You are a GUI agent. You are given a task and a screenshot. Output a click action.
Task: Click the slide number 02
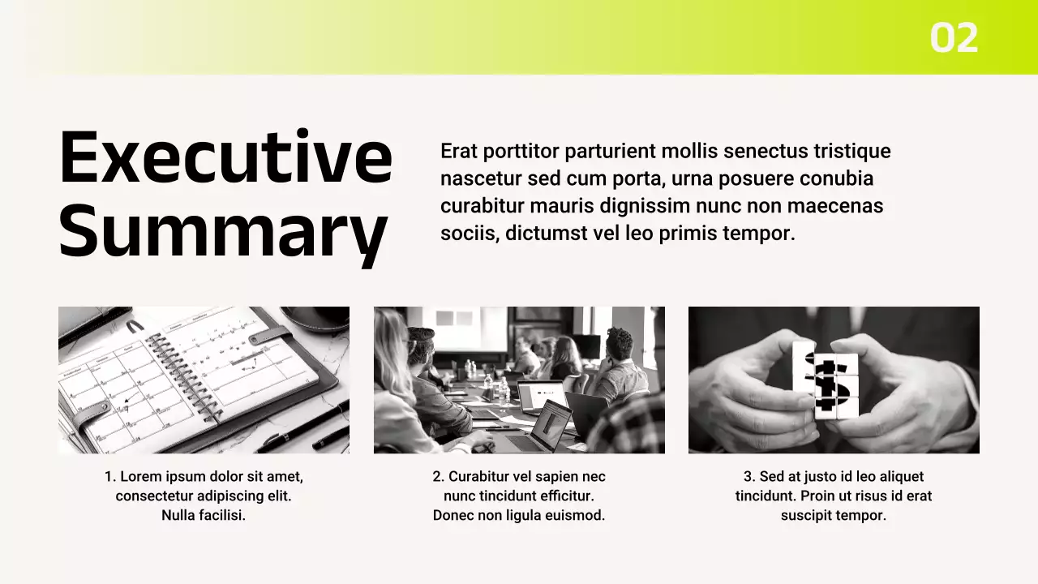pyautogui.click(x=954, y=37)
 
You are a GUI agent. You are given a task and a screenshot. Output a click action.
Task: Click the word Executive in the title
pyautogui.click(x=225, y=157)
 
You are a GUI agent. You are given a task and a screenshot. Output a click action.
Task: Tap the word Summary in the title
pyautogui.click(x=223, y=233)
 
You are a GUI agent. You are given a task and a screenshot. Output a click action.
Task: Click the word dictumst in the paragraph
pyautogui.click(x=547, y=233)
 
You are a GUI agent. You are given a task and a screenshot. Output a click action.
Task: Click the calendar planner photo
pyautogui.click(x=204, y=380)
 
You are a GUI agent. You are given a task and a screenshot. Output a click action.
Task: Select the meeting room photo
pyautogui.click(x=519, y=380)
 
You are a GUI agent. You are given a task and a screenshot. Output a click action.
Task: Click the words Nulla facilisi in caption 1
pyautogui.click(x=204, y=515)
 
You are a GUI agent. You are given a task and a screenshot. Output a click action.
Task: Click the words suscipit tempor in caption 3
pyautogui.click(x=833, y=516)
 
